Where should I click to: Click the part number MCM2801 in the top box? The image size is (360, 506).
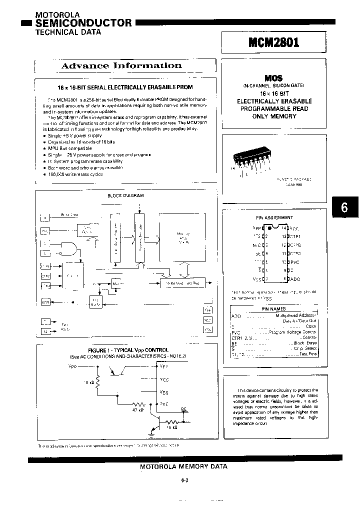tap(273, 42)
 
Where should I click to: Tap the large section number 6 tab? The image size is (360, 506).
tap(344, 207)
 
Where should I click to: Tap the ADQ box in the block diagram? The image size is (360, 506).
tap(45, 301)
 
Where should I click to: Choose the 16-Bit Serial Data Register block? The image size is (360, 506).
tap(182, 283)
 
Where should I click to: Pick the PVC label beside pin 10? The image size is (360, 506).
tap(295, 261)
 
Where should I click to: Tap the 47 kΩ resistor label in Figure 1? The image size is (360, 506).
tap(137, 409)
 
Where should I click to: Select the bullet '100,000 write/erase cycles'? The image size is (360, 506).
tap(76, 174)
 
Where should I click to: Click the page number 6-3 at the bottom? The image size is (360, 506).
tap(184, 480)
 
